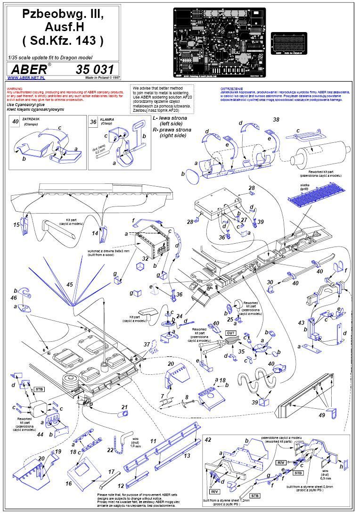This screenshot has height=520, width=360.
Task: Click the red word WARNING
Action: click(14, 89)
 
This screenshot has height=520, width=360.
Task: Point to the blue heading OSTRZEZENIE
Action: click(231, 89)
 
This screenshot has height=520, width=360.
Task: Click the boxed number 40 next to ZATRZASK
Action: click(16, 122)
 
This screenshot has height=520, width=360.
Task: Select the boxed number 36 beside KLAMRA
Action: click(93, 122)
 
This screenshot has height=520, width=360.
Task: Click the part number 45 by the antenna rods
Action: click(70, 285)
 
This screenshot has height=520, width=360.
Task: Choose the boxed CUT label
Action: click(231, 333)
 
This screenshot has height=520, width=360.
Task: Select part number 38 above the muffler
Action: click(276, 120)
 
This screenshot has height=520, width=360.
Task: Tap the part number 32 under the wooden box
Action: click(146, 259)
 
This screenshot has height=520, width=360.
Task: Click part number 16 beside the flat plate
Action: click(69, 484)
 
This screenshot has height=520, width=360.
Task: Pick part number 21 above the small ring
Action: click(124, 407)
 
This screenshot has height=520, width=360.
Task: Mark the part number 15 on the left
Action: click(16, 225)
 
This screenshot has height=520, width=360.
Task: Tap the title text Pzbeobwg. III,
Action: click(63, 15)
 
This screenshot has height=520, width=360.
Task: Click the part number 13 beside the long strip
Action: click(187, 456)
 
